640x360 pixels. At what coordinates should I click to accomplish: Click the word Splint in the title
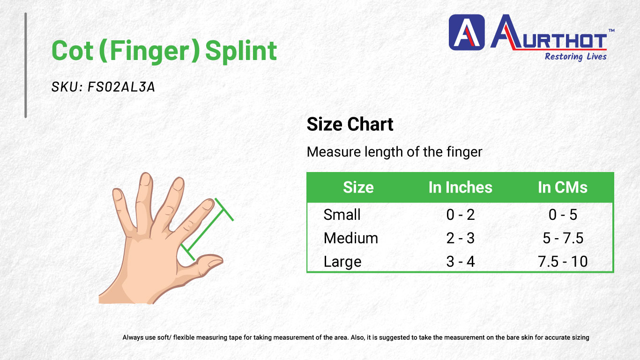click(241, 51)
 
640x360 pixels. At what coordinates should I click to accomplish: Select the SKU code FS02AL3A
click(121, 87)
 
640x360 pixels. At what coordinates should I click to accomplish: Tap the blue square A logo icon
click(467, 32)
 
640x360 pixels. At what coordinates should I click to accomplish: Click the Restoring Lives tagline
click(575, 57)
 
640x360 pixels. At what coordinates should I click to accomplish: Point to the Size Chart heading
click(350, 124)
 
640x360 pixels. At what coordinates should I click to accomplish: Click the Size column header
click(358, 187)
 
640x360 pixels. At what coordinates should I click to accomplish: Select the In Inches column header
click(460, 187)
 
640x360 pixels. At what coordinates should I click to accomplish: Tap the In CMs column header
click(563, 187)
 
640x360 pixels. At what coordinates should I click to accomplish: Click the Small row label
click(342, 215)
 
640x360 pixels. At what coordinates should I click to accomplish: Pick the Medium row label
click(350, 238)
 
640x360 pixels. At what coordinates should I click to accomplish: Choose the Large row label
click(342, 262)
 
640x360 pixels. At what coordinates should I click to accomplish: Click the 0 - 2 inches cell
click(460, 215)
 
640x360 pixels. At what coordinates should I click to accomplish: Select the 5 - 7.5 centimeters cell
click(563, 238)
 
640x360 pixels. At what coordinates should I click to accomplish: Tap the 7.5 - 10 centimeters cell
click(563, 262)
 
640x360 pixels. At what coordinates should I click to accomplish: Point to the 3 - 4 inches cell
click(460, 262)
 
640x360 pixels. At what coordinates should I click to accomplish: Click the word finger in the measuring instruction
click(464, 152)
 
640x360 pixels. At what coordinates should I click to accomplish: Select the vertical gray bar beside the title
click(26, 65)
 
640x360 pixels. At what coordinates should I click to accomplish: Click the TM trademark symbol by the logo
click(611, 30)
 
